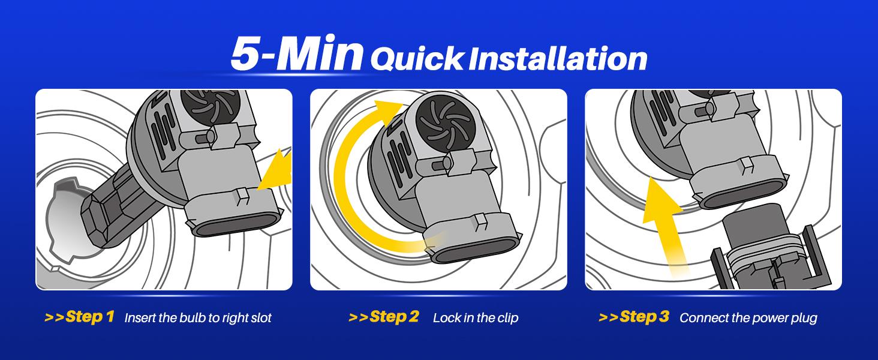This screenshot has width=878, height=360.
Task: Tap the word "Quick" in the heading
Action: click(417, 59)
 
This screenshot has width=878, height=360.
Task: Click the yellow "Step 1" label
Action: click(80, 316)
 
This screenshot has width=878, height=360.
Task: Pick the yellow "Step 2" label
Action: click(384, 316)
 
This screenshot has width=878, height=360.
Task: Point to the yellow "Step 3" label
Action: click(634, 316)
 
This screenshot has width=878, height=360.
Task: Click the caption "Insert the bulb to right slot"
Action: click(198, 317)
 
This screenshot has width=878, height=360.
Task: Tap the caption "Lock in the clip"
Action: click(476, 317)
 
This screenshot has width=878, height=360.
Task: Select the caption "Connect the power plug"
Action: click(748, 317)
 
